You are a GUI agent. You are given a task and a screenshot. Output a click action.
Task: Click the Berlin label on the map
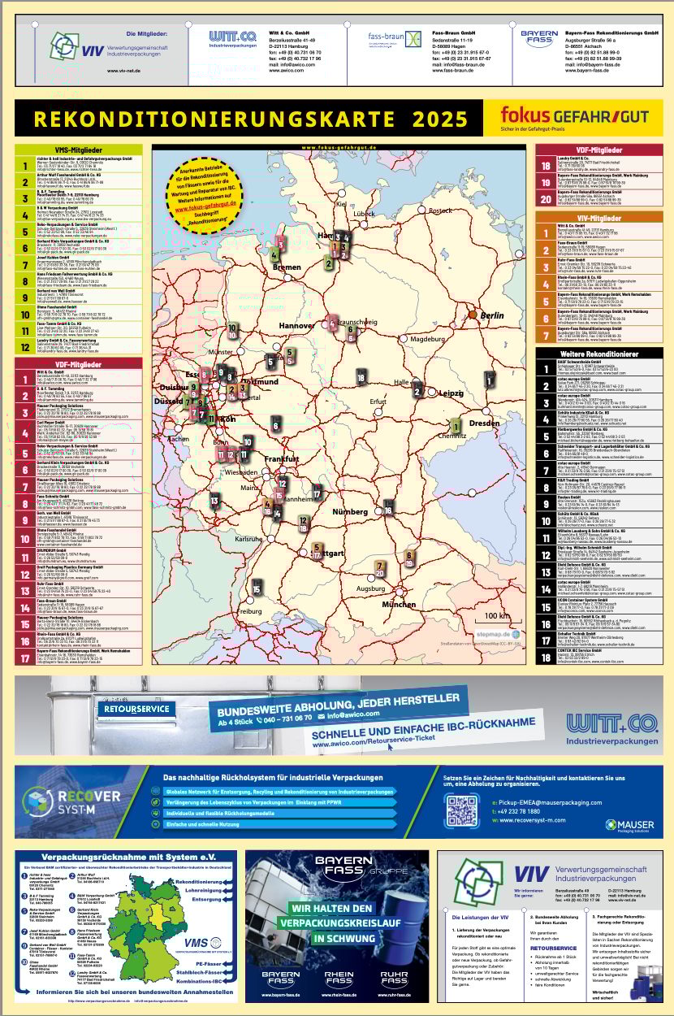(x=492, y=315)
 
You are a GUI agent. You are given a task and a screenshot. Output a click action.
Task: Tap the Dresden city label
(x=484, y=423)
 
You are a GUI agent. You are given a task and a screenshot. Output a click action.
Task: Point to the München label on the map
(x=398, y=605)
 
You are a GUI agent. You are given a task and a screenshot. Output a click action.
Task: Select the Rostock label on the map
(x=439, y=211)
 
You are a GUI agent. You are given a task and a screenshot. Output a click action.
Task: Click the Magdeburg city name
(x=430, y=339)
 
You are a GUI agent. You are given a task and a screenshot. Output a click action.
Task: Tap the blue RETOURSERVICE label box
(x=136, y=709)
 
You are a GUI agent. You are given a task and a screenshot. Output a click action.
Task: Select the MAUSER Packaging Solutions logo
(x=629, y=825)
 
